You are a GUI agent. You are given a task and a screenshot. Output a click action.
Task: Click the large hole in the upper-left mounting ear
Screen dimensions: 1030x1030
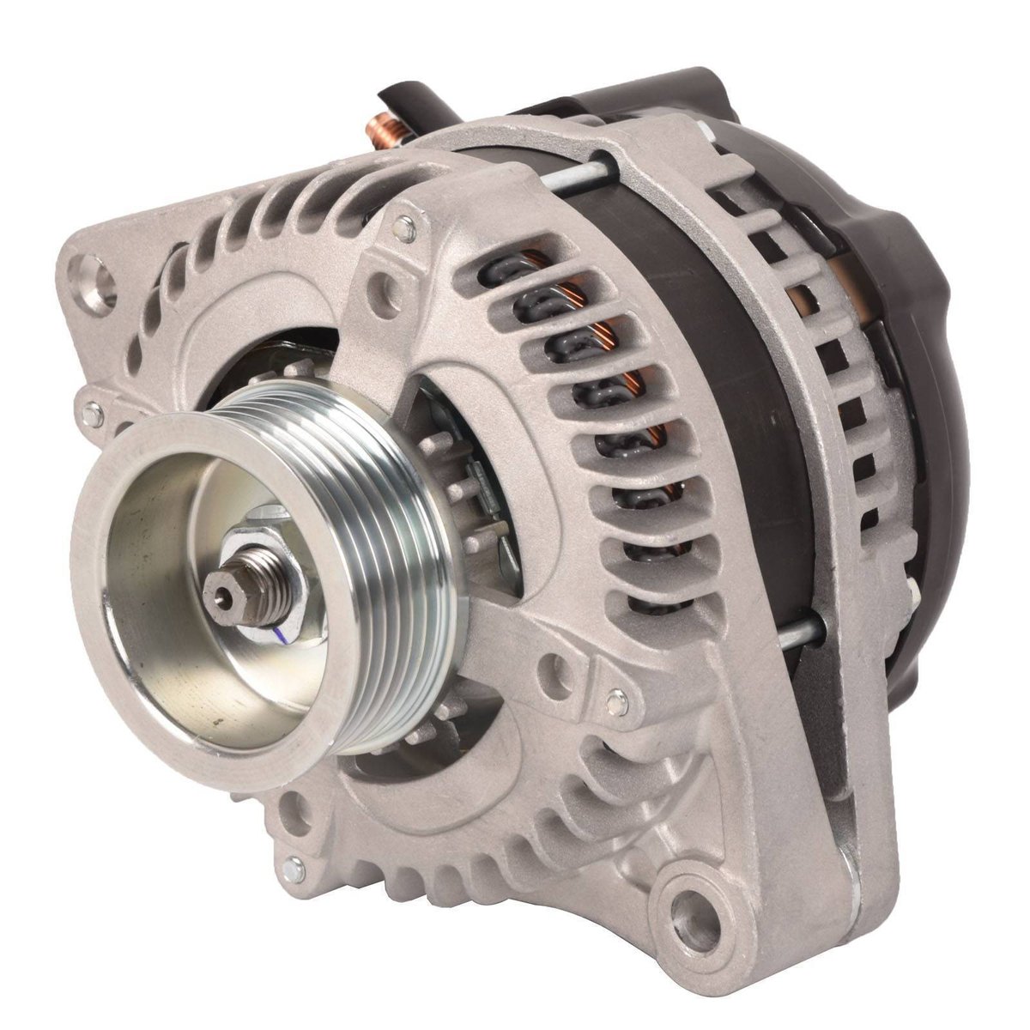coord(97,279)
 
